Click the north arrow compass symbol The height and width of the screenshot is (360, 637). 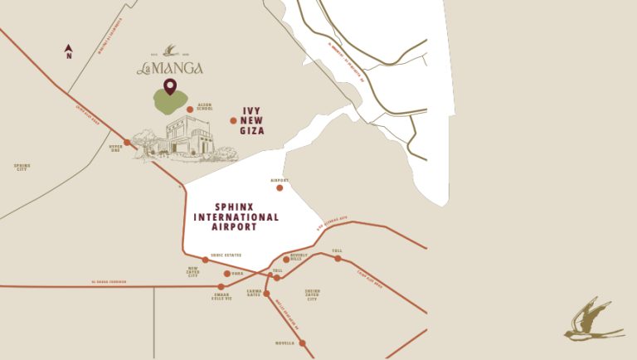(x=69, y=52)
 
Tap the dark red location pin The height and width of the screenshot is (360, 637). (x=170, y=87)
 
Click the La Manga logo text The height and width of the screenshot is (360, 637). (x=170, y=67)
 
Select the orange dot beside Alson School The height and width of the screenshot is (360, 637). (x=190, y=109)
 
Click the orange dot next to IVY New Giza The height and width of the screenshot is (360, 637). (x=233, y=121)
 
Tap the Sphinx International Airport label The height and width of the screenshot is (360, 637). (x=236, y=216)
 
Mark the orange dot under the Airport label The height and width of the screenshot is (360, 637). (x=280, y=187)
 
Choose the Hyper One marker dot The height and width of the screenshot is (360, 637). (x=127, y=143)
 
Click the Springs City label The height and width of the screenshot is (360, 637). (x=22, y=167)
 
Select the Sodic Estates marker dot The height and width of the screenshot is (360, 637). (x=206, y=260)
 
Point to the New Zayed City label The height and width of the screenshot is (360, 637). (x=193, y=272)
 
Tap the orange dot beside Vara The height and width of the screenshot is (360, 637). (x=227, y=273)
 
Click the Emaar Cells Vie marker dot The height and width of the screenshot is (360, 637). (x=221, y=286)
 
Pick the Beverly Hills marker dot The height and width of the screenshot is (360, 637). (x=286, y=260)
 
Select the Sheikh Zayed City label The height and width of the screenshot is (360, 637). (x=312, y=294)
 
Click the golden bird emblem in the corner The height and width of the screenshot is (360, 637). (x=594, y=320)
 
